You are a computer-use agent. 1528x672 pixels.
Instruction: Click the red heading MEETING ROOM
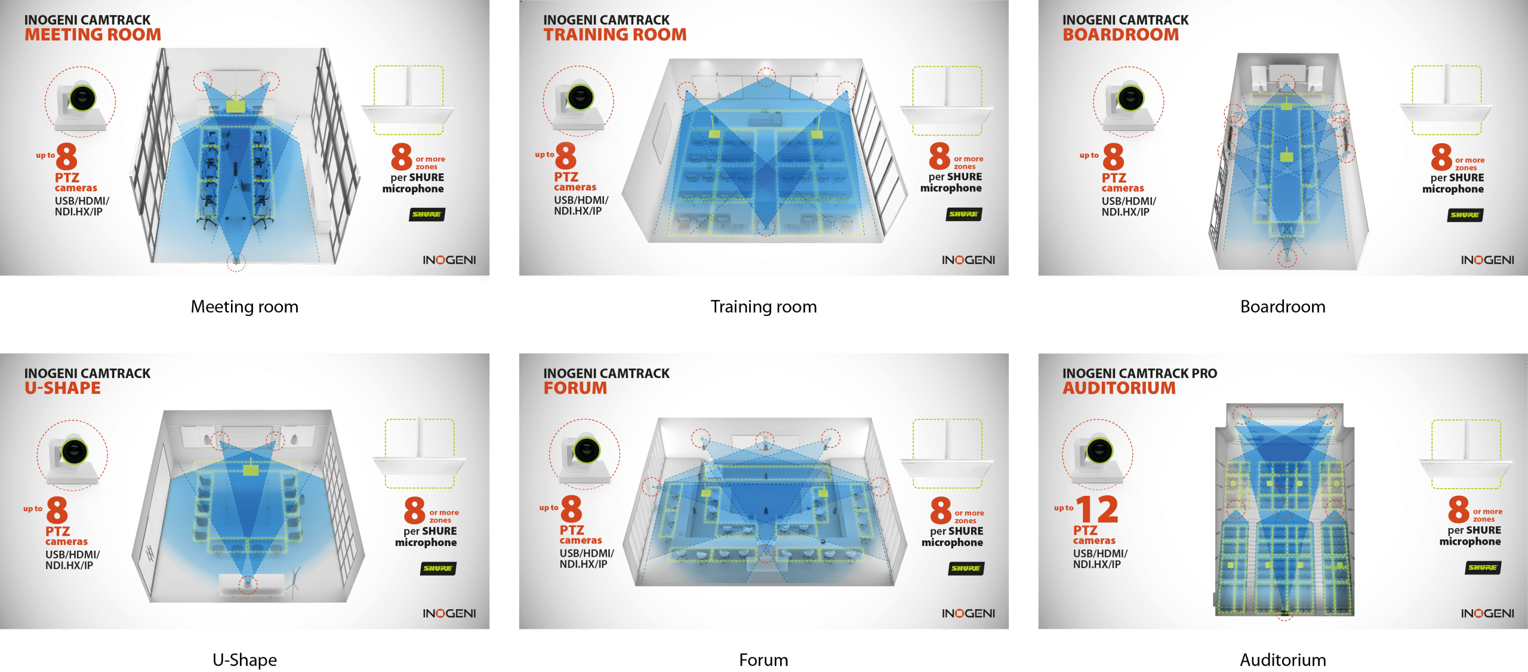(x=93, y=35)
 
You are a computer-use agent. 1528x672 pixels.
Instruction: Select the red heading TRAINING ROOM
(x=615, y=35)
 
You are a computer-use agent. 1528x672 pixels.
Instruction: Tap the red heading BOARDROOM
(x=1121, y=35)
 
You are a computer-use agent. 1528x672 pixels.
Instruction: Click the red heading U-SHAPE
(x=63, y=388)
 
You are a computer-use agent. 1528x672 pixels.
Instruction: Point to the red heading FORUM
(x=575, y=388)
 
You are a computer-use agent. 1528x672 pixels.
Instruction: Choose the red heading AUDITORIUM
(x=1119, y=388)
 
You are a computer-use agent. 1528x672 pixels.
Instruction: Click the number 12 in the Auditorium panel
(x=1097, y=510)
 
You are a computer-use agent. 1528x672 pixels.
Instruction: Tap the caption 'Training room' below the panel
(x=763, y=306)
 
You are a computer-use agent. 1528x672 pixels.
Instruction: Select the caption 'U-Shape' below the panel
(x=245, y=660)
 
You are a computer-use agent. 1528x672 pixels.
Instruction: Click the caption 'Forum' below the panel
(x=763, y=660)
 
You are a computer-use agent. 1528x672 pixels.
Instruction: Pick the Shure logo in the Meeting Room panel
(x=427, y=214)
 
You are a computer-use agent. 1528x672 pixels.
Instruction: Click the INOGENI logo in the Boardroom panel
(x=1487, y=260)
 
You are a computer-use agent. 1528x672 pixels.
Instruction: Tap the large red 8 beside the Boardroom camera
(x=1113, y=157)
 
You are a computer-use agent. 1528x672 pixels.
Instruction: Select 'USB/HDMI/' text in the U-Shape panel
(x=73, y=554)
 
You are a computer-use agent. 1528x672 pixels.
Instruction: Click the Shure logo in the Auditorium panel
(x=1483, y=567)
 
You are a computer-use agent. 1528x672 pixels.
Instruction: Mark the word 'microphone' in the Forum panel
(x=952, y=542)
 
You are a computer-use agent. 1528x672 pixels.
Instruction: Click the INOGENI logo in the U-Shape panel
(x=449, y=613)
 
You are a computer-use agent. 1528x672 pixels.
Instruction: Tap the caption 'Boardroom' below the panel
(x=1283, y=306)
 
